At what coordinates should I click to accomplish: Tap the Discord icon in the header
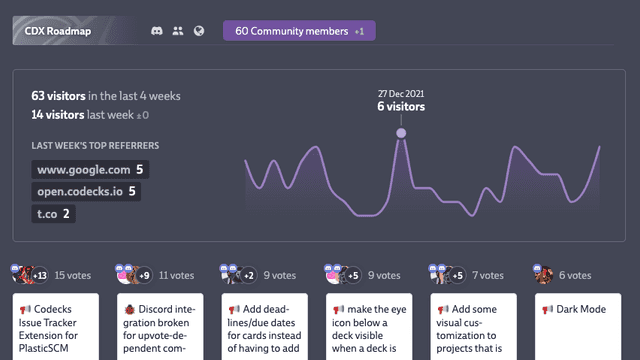point(157,31)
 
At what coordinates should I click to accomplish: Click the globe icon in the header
point(199,31)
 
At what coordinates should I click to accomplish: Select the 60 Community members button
point(299,31)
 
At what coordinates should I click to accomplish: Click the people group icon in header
point(178,31)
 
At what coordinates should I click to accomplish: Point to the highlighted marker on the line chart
point(401,132)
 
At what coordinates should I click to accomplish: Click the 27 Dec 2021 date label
point(400,92)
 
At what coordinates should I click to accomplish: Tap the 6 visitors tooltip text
point(400,106)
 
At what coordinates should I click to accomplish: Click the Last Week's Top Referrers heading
point(95,146)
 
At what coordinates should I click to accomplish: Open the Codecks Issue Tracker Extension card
point(54,325)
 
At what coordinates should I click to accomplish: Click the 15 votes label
point(72,274)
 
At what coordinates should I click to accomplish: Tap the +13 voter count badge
point(40,275)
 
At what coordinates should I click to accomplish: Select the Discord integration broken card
point(158,325)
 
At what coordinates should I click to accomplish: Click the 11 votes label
point(176,274)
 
